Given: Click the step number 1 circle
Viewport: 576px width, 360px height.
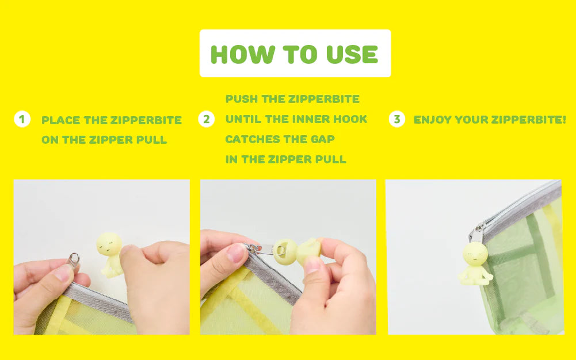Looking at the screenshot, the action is coord(22,119).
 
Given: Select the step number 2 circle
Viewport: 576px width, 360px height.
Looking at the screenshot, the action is coord(207,119).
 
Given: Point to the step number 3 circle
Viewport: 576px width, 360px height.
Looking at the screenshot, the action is coord(396,119).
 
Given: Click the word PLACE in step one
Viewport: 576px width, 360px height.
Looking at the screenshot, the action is coord(60,120).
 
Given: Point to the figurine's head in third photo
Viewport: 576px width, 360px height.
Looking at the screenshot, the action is coord(475,254).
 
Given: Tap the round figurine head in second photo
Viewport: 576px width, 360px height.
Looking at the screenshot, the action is coord(285,251).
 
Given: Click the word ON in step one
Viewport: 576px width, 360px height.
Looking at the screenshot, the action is coord(50,140).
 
